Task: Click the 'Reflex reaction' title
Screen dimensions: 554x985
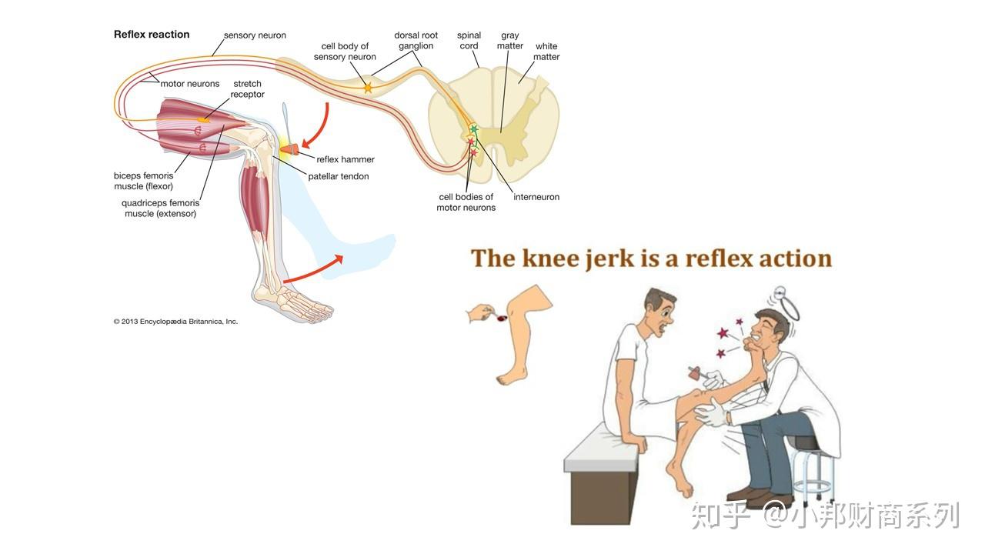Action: click(x=152, y=35)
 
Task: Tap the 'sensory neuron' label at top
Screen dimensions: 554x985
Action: click(x=255, y=35)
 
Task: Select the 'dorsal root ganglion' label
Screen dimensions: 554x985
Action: click(x=416, y=41)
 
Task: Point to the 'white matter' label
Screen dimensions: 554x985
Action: click(x=546, y=52)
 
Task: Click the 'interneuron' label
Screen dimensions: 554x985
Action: click(x=536, y=197)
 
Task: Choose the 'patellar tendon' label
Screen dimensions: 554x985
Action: click(x=339, y=176)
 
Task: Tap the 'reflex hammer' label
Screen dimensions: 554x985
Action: click(x=346, y=159)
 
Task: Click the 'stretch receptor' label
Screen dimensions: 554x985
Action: click(x=247, y=89)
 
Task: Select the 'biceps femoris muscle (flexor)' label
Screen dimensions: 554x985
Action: click(x=144, y=181)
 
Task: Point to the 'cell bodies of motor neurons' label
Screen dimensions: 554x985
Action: click(x=466, y=202)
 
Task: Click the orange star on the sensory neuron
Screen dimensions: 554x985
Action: click(x=368, y=88)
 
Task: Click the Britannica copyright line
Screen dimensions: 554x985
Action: click(x=175, y=322)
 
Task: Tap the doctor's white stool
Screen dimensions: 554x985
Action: click(x=813, y=469)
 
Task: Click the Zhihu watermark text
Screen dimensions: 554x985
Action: click(x=824, y=515)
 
